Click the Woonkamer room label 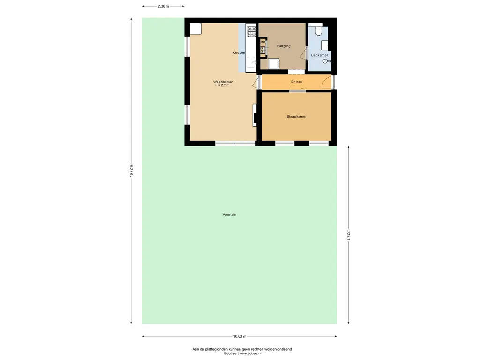pos(223,82)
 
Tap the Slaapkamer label pos(297,116)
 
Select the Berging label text pos(284,46)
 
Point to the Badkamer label pos(319,55)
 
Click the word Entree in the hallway pos(296,82)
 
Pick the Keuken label pos(239,52)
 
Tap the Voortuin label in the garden pos(229,214)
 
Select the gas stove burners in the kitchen pos(252,30)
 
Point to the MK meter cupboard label pos(263,42)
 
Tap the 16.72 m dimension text pos(131,171)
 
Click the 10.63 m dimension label pos(240,336)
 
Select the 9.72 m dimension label pos(348,235)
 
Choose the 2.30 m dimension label pos(163,6)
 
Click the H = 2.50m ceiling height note pos(222,85)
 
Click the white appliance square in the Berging pos(273,64)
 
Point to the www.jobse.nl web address pos(250,353)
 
